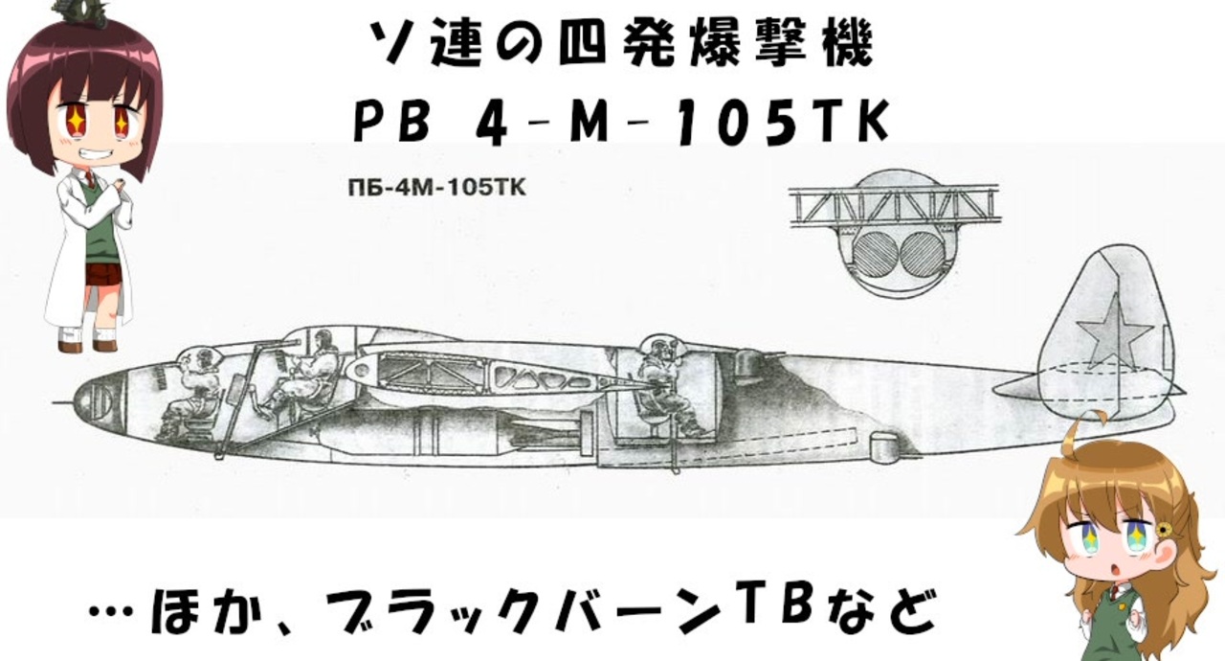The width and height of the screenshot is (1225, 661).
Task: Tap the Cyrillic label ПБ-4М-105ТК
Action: (436, 188)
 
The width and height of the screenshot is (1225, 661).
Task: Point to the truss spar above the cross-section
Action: (894, 205)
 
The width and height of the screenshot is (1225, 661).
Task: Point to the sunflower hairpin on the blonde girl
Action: (1163, 529)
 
